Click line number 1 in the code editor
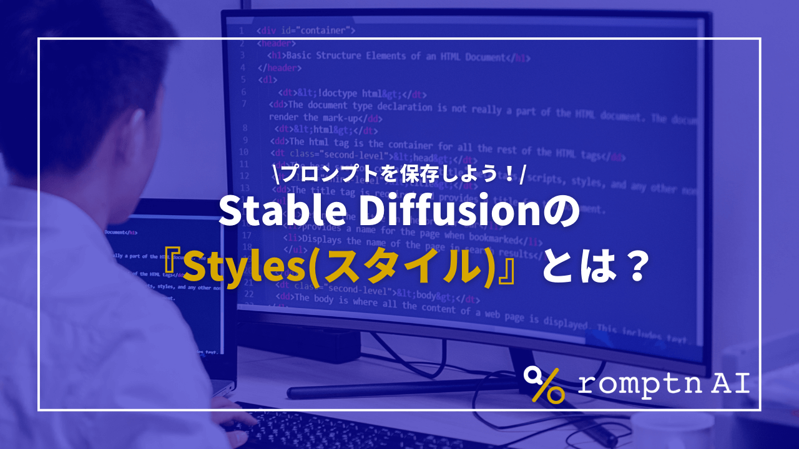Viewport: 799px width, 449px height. click(x=241, y=30)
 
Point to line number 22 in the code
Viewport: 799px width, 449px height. click(x=248, y=293)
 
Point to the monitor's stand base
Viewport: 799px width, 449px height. click(x=399, y=390)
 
